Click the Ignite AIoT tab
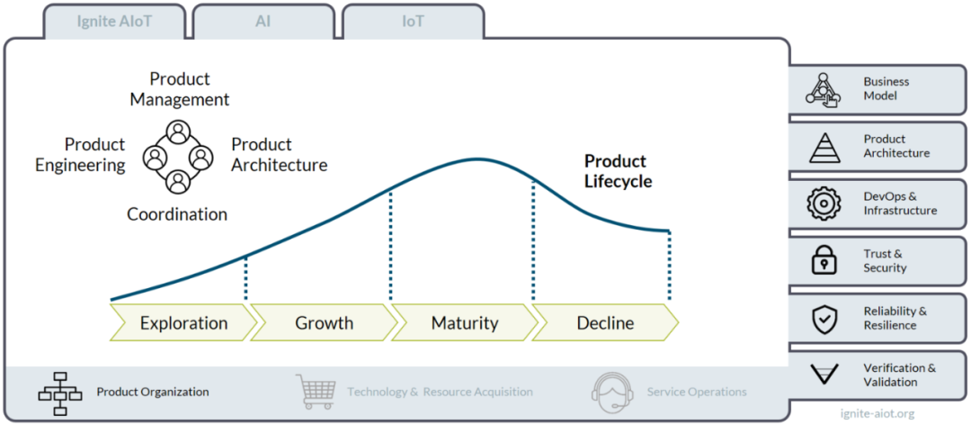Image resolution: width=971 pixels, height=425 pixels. coord(114,22)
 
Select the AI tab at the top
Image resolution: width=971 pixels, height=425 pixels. coord(263,22)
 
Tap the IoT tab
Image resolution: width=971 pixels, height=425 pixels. coord(413,22)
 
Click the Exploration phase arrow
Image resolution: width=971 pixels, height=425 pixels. coord(184,323)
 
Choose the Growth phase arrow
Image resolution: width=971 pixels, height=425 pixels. coord(324,323)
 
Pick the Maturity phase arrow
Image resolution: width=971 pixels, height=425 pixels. coord(465,323)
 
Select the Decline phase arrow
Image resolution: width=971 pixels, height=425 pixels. coord(606,323)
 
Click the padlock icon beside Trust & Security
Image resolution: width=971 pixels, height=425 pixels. coord(824,260)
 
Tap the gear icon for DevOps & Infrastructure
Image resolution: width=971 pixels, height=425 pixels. coord(824,203)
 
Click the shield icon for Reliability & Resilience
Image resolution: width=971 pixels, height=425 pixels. coord(824,318)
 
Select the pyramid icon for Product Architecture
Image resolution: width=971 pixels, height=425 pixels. coord(824,147)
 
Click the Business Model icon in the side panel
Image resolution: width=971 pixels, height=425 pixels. coord(822,90)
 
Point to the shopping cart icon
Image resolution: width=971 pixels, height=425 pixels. coord(318,390)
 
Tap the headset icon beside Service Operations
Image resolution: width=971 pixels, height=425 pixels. coord(612,390)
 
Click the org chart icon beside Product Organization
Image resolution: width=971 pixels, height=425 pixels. coord(60,393)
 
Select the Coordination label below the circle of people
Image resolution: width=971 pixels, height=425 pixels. coord(177,214)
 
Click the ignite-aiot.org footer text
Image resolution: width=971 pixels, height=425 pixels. coord(877,413)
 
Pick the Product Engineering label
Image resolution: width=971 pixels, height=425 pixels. coord(80,155)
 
